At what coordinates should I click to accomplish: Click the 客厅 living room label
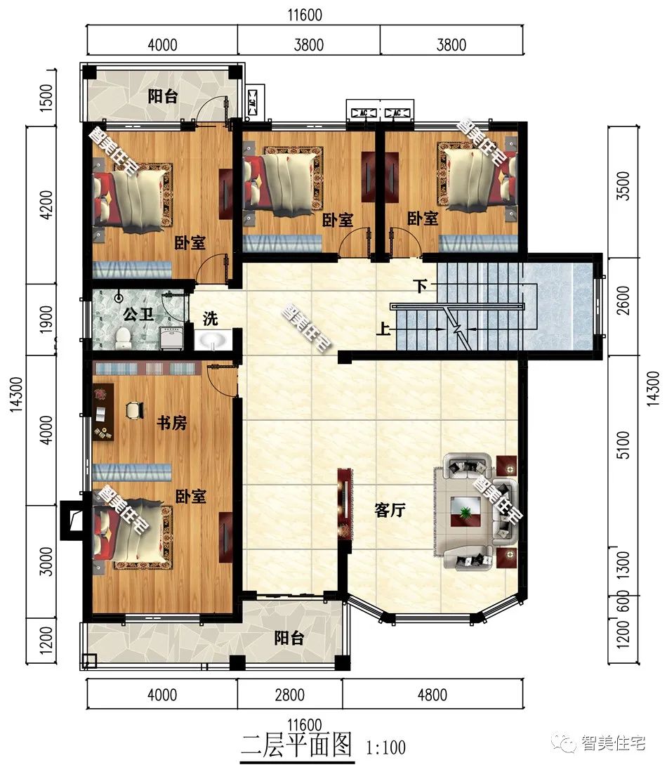point(390,511)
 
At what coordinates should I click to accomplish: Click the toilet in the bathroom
point(124,339)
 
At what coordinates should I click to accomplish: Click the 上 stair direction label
point(383,329)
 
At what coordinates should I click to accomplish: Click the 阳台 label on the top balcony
point(162,96)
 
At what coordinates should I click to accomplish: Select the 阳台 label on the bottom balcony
point(289,638)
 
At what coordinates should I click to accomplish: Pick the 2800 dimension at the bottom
point(289,695)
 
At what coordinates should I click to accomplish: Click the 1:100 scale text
point(385,747)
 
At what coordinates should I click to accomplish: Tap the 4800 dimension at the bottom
point(432,695)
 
